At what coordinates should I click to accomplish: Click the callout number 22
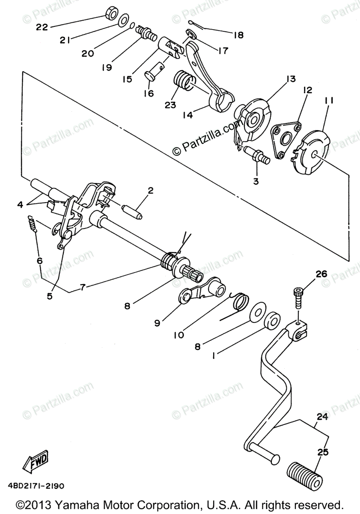tap(42, 27)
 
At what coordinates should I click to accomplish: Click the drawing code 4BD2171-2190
tap(36, 486)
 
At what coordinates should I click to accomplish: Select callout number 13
tap(291, 79)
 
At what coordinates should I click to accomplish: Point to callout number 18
tap(238, 35)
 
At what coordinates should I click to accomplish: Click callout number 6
tap(40, 261)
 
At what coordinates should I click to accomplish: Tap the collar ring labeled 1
tap(272, 320)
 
